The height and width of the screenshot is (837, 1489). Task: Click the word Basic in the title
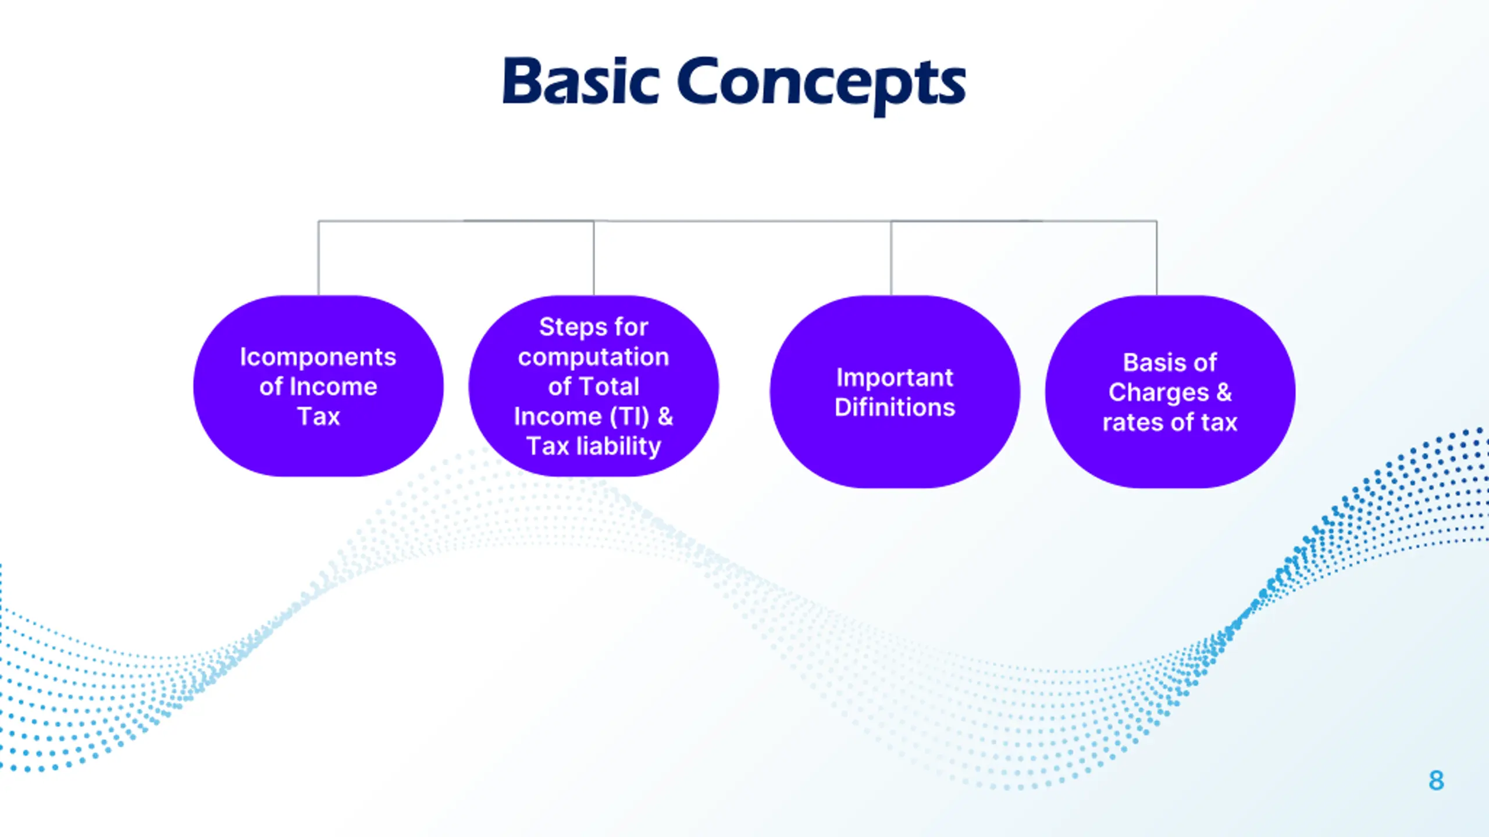pos(580,83)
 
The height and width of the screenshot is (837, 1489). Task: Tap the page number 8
pos(1436,781)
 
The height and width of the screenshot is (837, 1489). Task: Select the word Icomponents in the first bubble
pos(318,357)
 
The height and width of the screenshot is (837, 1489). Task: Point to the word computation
pos(593,357)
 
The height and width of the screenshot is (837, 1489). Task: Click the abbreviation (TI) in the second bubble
pos(629,417)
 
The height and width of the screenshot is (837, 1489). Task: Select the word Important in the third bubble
pos(895,378)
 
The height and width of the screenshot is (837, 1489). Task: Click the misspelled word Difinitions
pos(895,407)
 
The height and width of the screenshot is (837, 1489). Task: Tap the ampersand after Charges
pos(1224,392)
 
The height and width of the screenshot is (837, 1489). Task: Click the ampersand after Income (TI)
pos(665,417)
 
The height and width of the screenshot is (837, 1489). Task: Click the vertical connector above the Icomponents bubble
pos(318,258)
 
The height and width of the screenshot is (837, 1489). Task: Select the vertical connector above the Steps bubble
pos(594,258)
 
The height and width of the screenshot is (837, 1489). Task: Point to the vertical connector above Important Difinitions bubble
pos(891,258)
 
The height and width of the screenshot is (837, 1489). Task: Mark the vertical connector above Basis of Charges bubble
pos(1157,258)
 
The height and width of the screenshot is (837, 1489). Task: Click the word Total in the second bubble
pos(610,387)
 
